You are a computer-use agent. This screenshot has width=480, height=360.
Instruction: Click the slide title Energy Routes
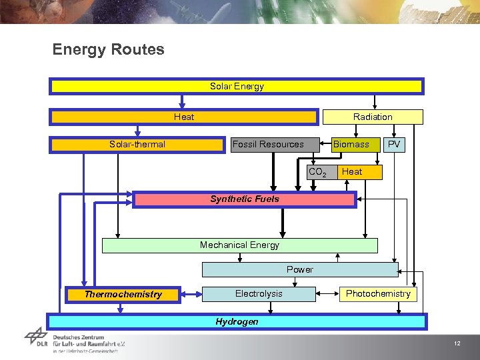108,49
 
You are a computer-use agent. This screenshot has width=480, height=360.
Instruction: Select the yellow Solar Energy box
237,87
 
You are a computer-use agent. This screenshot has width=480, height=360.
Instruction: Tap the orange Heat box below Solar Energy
184,117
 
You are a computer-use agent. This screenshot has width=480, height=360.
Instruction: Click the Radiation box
373,117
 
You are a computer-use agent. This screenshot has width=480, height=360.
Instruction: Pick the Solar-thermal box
138,145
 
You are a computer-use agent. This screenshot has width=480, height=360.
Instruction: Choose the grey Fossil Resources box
268,145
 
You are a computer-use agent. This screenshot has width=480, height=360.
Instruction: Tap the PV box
395,145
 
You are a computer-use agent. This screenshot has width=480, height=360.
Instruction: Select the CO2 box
317,173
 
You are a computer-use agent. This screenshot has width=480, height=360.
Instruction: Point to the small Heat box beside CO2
359,172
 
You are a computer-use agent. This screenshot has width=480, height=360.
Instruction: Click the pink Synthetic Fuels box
245,199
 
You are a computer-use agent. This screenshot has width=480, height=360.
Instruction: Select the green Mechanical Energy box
239,245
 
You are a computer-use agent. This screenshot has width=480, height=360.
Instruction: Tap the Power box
300,269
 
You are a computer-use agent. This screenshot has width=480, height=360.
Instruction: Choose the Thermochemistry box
123,294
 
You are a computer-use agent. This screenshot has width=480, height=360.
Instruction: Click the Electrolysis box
259,294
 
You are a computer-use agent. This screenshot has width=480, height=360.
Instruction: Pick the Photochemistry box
378,294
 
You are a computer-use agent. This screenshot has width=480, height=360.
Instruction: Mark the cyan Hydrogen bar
237,321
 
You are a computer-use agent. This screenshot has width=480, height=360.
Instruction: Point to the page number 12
457,343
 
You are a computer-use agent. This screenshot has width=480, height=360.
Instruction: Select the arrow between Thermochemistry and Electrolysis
192,293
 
